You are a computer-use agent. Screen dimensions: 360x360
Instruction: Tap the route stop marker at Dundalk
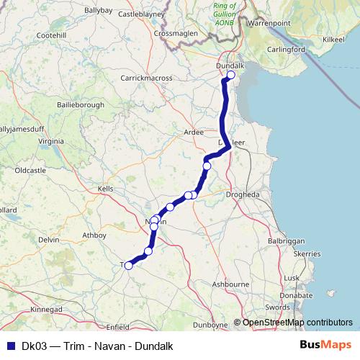point(231,75)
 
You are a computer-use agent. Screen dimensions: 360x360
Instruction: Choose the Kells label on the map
point(106,188)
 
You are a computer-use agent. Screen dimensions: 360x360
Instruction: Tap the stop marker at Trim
point(129,265)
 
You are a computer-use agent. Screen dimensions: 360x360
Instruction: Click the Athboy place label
point(94,235)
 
